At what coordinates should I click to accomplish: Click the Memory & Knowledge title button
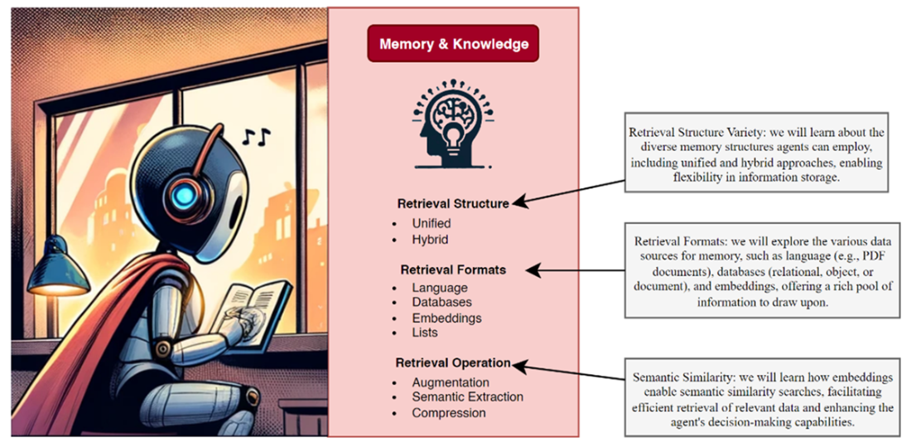[x=453, y=44]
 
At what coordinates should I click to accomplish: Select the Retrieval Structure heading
[x=453, y=203]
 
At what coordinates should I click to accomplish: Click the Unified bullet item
[x=431, y=223]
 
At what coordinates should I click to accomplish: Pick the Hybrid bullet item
[x=430, y=239]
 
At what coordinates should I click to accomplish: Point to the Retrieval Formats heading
[x=453, y=270]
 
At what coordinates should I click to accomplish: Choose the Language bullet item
[x=439, y=288]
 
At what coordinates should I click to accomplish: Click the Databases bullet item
[x=441, y=303]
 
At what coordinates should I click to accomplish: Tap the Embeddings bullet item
[x=446, y=318]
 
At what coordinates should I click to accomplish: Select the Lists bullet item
[x=425, y=333]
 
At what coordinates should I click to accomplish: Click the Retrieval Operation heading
[x=453, y=363]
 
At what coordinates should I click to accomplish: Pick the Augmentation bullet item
[x=450, y=382]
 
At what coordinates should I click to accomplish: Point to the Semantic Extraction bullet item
[x=467, y=397]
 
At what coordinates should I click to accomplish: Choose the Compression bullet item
[x=449, y=412]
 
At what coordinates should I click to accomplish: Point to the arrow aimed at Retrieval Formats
[x=576, y=270]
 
